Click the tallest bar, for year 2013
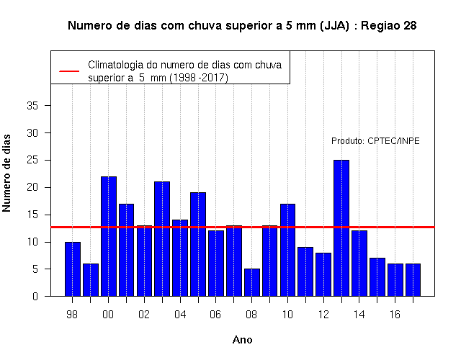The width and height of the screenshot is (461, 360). pyautogui.click(x=341, y=228)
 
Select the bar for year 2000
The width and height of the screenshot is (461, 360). pyautogui.click(x=109, y=236)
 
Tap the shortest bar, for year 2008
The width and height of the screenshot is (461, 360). pyautogui.click(x=252, y=282)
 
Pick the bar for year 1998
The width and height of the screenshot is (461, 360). pyautogui.click(x=73, y=269)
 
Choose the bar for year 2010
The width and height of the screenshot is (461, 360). pyautogui.click(x=287, y=250)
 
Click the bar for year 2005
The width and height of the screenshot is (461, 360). pyautogui.click(x=198, y=244)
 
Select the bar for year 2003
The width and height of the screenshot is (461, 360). pyautogui.click(x=162, y=239)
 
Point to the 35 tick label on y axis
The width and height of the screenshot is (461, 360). pyautogui.click(x=32, y=106)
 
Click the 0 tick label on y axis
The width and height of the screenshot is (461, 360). pyautogui.click(x=35, y=296)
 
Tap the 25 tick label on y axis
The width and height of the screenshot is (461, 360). pyautogui.click(x=32, y=160)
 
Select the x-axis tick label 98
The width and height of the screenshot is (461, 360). pyautogui.click(x=72, y=315)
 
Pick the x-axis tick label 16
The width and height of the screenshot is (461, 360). pyautogui.click(x=395, y=315)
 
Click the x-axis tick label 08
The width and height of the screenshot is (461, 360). pyautogui.click(x=251, y=315)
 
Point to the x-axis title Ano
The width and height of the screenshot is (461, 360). pyautogui.click(x=242, y=340)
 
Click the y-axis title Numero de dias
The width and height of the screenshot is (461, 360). pyautogui.click(x=6, y=174)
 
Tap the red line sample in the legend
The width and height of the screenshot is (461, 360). pyautogui.click(x=69, y=71)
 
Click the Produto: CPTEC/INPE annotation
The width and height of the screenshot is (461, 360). pyautogui.click(x=375, y=141)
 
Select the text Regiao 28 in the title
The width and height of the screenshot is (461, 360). pyautogui.click(x=389, y=26)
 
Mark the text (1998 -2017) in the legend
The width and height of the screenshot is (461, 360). pyautogui.click(x=199, y=78)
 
